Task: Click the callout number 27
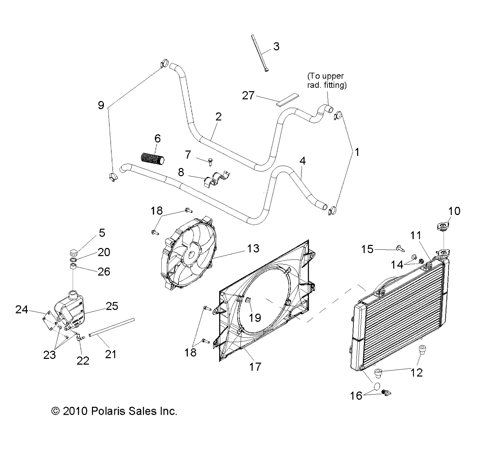click(248, 96)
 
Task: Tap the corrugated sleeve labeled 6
click(153, 159)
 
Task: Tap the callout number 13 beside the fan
click(254, 249)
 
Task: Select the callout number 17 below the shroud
click(255, 366)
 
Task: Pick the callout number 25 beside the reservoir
click(112, 306)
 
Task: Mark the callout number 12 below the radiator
click(417, 372)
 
